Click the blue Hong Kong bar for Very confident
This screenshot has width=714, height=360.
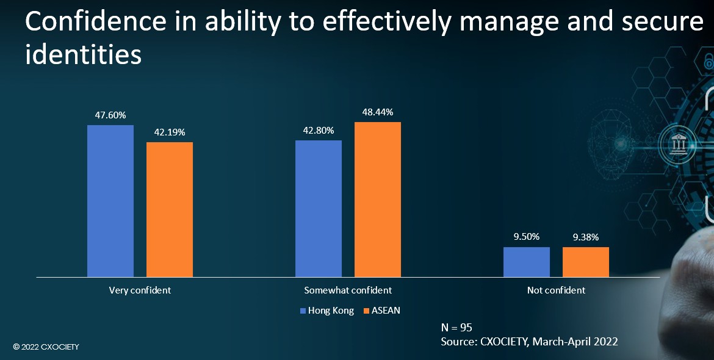(110, 201)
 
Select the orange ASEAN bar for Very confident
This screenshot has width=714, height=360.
(170, 210)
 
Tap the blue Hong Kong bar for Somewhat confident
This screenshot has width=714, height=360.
(319, 209)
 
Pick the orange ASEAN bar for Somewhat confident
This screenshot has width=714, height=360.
(378, 200)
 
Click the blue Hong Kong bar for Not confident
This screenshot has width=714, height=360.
(527, 262)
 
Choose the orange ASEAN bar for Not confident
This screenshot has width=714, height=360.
(586, 262)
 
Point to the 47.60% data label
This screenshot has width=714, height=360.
(110, 114)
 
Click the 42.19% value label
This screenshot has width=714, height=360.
(170, 132)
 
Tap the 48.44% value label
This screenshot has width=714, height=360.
(378, 112)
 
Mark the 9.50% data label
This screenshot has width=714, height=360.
(527, 237)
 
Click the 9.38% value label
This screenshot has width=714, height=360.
(586, 237)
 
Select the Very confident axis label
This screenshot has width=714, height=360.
(140, 290)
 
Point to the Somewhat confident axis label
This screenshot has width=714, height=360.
(348, 290)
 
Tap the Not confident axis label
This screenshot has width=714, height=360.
(556, 290)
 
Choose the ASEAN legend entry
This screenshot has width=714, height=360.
(381, 311)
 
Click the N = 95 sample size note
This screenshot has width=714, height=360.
(456, 327)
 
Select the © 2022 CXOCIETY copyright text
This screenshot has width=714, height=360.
(46, 347)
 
